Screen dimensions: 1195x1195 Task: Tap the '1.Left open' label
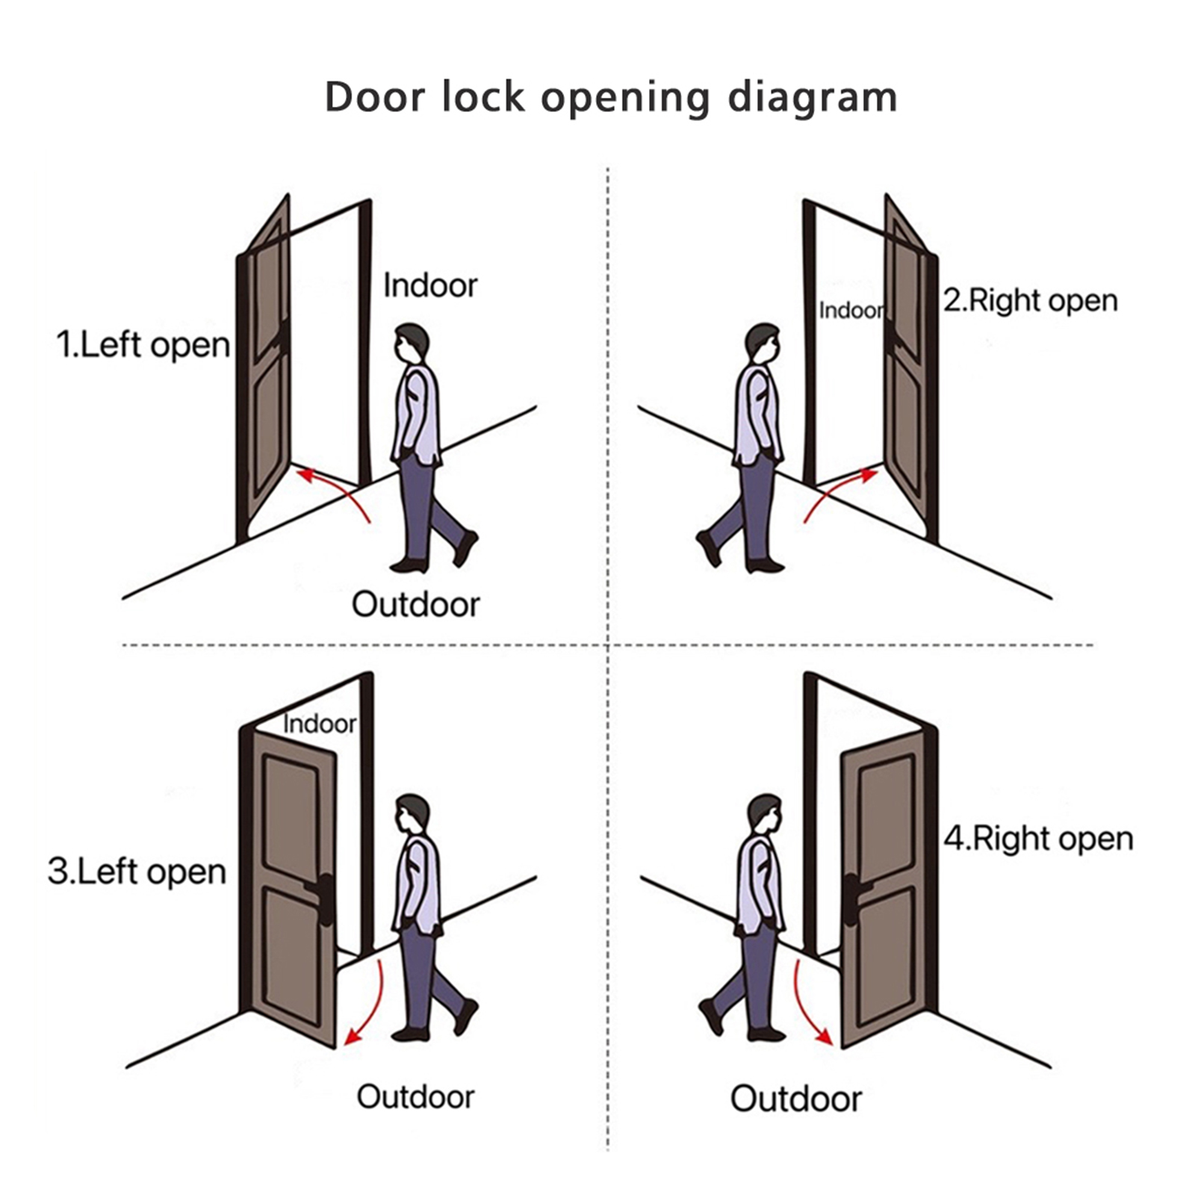tap(143, 345)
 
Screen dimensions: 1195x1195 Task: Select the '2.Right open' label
tap(1030, 301)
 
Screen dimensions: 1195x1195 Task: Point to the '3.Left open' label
tap(137, 872)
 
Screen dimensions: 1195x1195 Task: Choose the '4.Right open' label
tap(1038, 839)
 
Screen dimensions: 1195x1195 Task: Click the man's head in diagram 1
tap(412, 344)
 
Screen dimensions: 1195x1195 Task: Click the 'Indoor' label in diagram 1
tap(429, 286)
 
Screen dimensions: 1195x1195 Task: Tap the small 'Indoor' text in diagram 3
tap(320, 724)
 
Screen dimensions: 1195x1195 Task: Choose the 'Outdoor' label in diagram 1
tap(415, 604)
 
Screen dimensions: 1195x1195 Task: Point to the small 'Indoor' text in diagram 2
tap(851, 310)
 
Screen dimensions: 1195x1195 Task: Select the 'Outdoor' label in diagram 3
tap(415, 1097)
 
